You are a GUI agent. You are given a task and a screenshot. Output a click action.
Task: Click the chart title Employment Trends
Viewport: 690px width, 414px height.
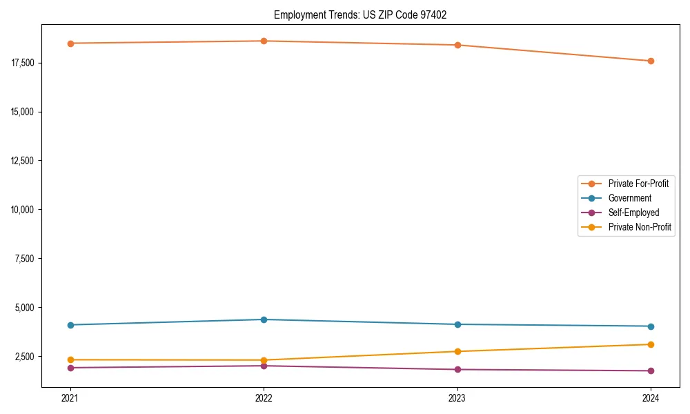click(x=360, y=14)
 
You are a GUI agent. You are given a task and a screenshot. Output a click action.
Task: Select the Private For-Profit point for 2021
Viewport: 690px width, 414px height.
click(x=70, y=43)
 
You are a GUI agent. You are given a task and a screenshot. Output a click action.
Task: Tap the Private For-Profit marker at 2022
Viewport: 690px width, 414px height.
click(x=264, y=41)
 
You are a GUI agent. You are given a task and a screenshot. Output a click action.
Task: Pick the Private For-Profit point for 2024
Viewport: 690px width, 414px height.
click(x=651, y=61)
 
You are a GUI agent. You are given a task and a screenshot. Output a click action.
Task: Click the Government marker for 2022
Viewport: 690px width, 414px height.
click(x=264, y=319)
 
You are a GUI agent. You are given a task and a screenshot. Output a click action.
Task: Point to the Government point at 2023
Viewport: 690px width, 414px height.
click(x=457, y=324)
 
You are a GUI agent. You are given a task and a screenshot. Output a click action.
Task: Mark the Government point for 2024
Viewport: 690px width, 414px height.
click(x=651, y=326)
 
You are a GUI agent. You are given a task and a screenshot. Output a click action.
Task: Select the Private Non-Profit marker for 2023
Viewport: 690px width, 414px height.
click(x=457, y=351)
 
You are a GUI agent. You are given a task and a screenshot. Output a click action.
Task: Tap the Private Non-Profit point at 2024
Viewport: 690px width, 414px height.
click(x=651, y=344)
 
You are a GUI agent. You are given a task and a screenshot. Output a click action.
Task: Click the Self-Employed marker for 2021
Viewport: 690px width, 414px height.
click(x=70, y=368)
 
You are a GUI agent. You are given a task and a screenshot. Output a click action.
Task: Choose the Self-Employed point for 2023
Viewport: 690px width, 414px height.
click(x=457, y=369)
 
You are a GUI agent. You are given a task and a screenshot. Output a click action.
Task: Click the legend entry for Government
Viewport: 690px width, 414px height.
click(x=629, y=198)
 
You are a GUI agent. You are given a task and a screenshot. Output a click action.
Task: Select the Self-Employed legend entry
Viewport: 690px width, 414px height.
click(x=633, y=213)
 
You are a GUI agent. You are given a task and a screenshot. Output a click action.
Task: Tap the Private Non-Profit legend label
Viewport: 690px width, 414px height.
click(x=640, y=227)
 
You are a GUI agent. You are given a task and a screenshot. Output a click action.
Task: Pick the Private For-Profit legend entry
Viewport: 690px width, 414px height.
click(x=638, y=184)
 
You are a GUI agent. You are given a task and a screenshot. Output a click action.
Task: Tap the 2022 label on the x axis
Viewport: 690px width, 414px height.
click(x=264, y=398)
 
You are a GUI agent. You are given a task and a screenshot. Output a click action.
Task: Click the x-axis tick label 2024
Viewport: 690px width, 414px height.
click(x=651, y=398)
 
